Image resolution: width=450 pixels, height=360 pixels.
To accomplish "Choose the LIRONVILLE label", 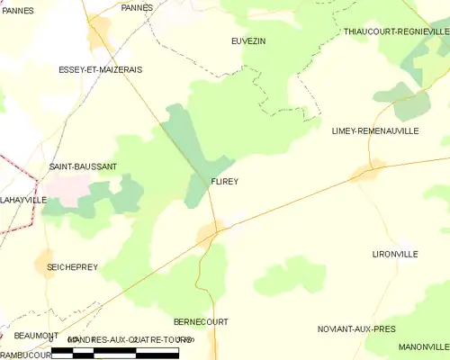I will click(394, 255).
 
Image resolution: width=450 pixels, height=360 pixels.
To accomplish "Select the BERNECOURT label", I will click(201, 321).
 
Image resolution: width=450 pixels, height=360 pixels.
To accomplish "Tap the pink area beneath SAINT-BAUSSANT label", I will click(66, 187).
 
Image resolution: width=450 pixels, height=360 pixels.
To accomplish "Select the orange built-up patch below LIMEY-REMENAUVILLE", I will click(368, 171).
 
